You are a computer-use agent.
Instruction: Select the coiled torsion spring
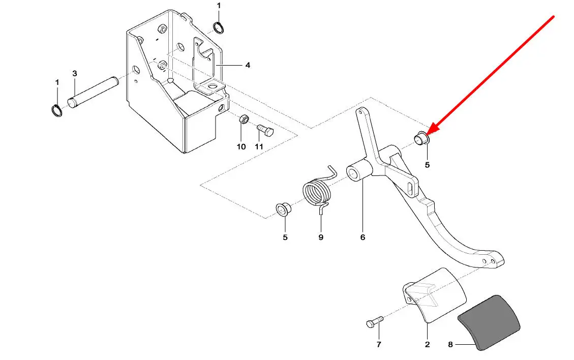click(317, 192)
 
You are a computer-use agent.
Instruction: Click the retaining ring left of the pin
click(56, 111)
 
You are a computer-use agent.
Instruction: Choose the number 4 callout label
click(248, 65)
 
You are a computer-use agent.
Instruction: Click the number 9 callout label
click(321, 237)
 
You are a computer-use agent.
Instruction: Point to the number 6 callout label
click(362, 237)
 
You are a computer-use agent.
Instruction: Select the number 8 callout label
click(450, 344)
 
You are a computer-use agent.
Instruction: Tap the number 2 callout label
click(427, 344)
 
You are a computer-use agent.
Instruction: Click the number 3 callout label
click(75, 74)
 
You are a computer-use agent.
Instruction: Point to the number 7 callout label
click(379, 344)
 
